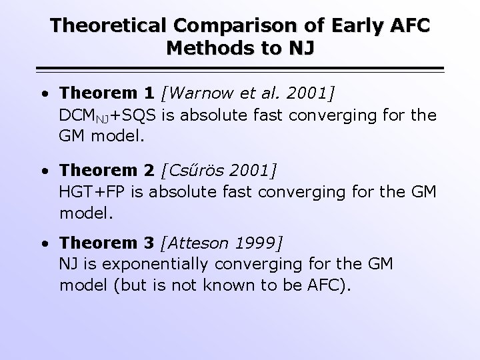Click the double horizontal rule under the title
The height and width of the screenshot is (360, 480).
coord(240,69)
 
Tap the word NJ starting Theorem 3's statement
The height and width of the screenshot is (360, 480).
coord(69,265)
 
